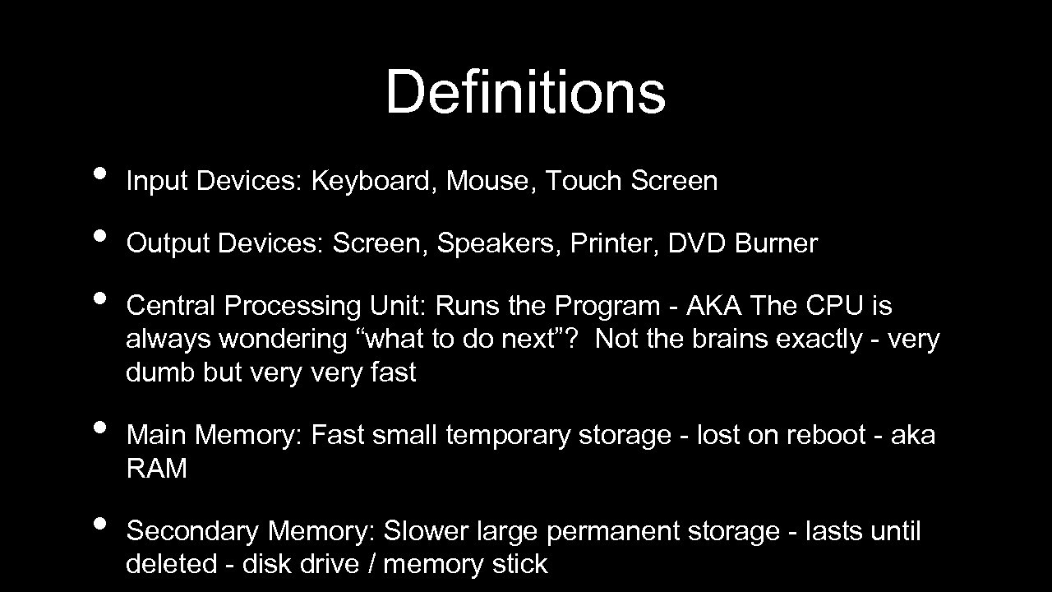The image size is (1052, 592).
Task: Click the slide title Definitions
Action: [x=525, y=92]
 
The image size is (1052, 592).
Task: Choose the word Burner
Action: [x=777, y=243]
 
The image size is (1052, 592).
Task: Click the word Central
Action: [x=172, y=306]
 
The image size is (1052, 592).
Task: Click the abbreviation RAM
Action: [x=156, y=469]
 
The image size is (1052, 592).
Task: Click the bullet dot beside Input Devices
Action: [x=99, y=173]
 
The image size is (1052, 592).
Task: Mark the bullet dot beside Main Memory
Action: [x=99, y=428]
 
